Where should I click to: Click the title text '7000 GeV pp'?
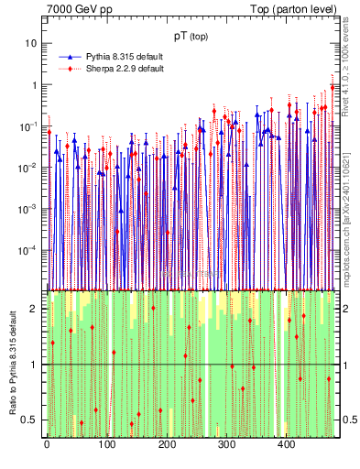pos(80,10)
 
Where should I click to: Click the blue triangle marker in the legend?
pos(71,57)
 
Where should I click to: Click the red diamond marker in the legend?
pos(71,69)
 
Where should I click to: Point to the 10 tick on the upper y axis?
pos(32,43)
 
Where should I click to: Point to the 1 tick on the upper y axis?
pos(34,85)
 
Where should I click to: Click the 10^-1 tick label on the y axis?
pos(29,126)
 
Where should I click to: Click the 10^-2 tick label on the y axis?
pos(29,168)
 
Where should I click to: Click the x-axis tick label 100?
pos(106,445)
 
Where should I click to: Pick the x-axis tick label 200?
pos(166,445)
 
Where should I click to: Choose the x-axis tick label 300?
pos(226,445)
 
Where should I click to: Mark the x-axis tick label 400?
pos(286,445)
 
